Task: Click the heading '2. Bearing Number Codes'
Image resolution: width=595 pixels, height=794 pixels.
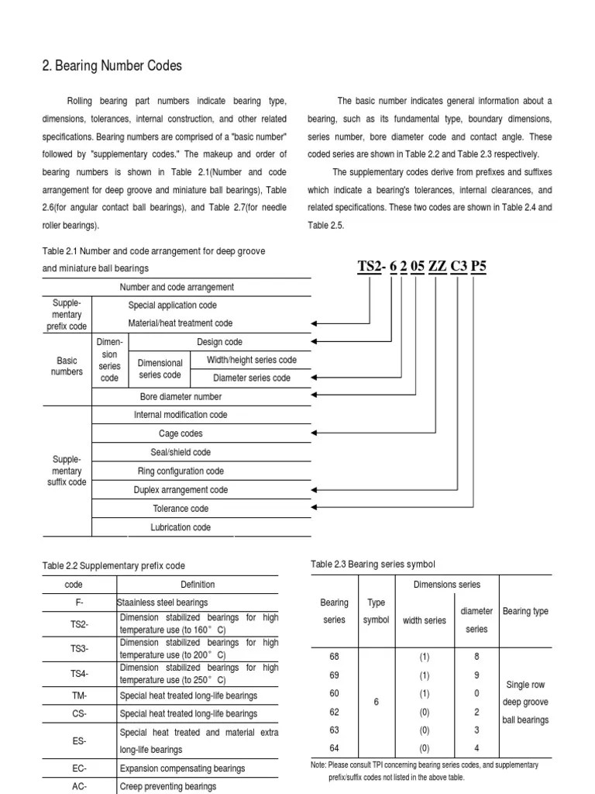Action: tap(112, 66)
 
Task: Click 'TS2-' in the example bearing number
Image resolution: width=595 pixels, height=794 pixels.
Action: tap(371, 267)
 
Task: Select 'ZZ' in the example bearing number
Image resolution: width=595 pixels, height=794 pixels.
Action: tap(438, 267)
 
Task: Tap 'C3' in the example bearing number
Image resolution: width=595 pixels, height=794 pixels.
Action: tap(459, 267)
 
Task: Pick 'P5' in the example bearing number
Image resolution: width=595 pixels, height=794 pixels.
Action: tap(480, 267)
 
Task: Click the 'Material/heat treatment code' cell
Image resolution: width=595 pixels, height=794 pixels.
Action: tap(180, 323)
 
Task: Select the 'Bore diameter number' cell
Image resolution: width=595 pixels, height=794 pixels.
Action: tap(181, 396)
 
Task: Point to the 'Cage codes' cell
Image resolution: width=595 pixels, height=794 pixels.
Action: tap(181, 433)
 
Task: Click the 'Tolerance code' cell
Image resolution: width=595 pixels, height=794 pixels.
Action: tap(181, 509)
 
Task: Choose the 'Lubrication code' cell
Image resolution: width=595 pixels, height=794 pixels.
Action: tap(181, 527)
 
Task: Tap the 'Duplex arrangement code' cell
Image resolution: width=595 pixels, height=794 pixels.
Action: tap(181, 490)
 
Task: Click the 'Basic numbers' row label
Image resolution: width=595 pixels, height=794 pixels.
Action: tap(67, 366)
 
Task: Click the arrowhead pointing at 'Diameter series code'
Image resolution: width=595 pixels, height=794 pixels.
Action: tap(315, 378)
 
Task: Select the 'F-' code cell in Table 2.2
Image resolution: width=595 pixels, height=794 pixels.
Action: tap(79, 602)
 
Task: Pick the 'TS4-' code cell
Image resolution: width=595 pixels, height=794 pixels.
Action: tap(79, 674)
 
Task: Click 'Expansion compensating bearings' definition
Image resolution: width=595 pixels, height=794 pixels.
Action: tap(182, 768)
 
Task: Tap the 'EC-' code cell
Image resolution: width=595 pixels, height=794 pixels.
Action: tap(79, 768)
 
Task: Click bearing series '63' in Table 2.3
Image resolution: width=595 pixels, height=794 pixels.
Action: tap(335, 730)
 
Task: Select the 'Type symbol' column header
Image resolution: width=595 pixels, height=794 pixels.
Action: tap(376, 611)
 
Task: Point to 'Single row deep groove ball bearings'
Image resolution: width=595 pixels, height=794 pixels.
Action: tap(526, 703)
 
